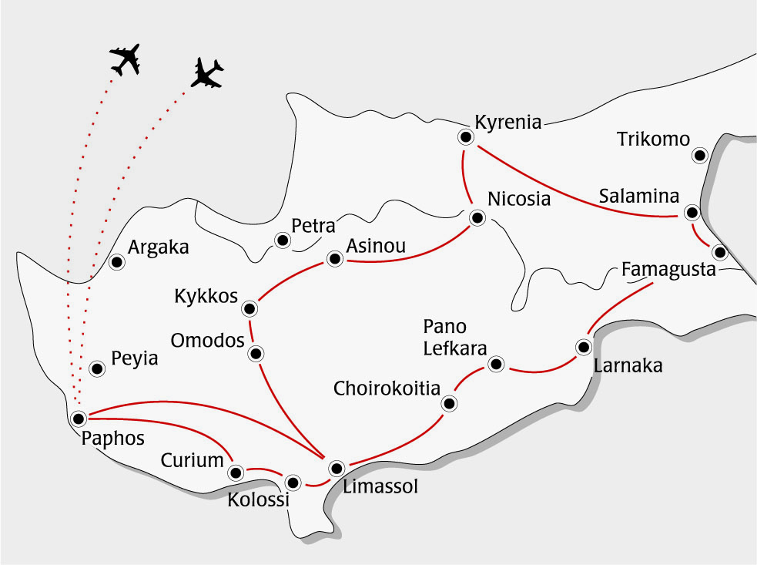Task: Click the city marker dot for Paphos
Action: pyautogui.click(x=78, y=418)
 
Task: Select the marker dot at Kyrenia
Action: pyautogui.click(x=465, y=137)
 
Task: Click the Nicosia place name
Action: pyautogui.click(x=520, y=199)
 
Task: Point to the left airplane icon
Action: pyautogui.click(x=125, y=59)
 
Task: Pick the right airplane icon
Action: pyautogui.click(x=206, y=73)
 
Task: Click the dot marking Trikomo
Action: pyautogui.click(x=699, y=156)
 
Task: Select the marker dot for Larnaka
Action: pyautogui.click(x=584, y=347)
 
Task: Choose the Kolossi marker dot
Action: pyautogui.click(x=293, y=483)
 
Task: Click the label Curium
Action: pyautogui.click(x=192, y=461)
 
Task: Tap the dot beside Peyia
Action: pyautogui.click(x=97, y=368)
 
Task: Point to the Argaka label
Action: pyautogui.click(x=158, y=248)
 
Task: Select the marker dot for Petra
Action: pyautogui.click(x=283, y=241)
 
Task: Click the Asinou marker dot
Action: pyautogui.click(x=334, y=259)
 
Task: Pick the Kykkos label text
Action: pyautogui.click(x=206, y=297)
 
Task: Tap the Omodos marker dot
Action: pyautogui.click(x=256, y=354)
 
